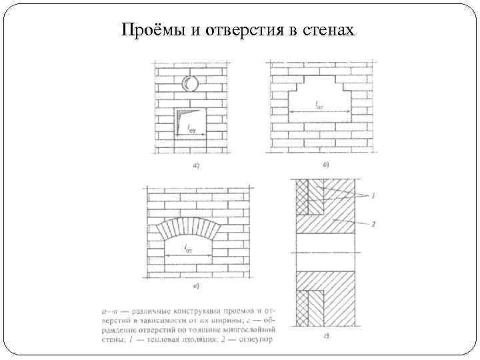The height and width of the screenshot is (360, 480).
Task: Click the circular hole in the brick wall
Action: coord(190,83)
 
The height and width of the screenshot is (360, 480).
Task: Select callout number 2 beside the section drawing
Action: coord(373,224)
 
